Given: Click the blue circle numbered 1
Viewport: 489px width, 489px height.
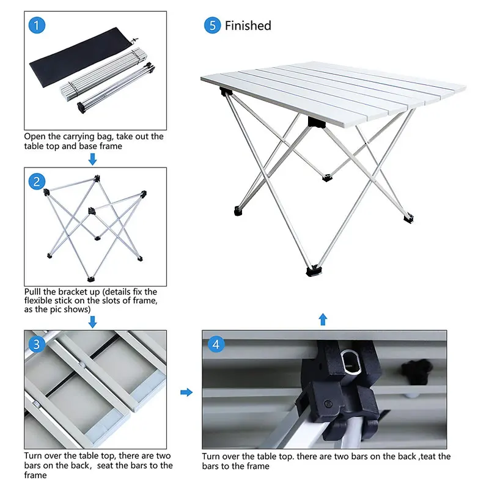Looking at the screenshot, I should pyautogui.click(x=38, y=25).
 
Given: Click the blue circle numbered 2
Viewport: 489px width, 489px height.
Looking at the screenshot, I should pyautogui.click(x=38, y=181).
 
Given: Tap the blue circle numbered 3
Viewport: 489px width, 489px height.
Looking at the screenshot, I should pyautogui.click(x=38, y=344).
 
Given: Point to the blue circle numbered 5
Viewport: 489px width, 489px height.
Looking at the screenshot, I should pyautogui.click(x=212, y=26).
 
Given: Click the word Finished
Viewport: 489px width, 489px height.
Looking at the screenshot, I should pyautogui.click(x=248, y=26).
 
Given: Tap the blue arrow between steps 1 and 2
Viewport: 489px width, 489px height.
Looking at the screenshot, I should pyautogui.click(x=92, y=159).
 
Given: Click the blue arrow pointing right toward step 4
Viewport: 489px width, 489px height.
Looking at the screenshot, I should pyautogui.click(x=186, y=392).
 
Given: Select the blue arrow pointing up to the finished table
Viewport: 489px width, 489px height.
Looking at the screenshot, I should pyautogui.click(x=323, y=319).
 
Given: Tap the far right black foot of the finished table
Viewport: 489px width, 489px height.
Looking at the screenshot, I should pyautogui.click(x=408, y=216).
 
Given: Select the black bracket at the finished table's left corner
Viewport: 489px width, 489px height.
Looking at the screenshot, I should pyautogui.click(x=226, y=93).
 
